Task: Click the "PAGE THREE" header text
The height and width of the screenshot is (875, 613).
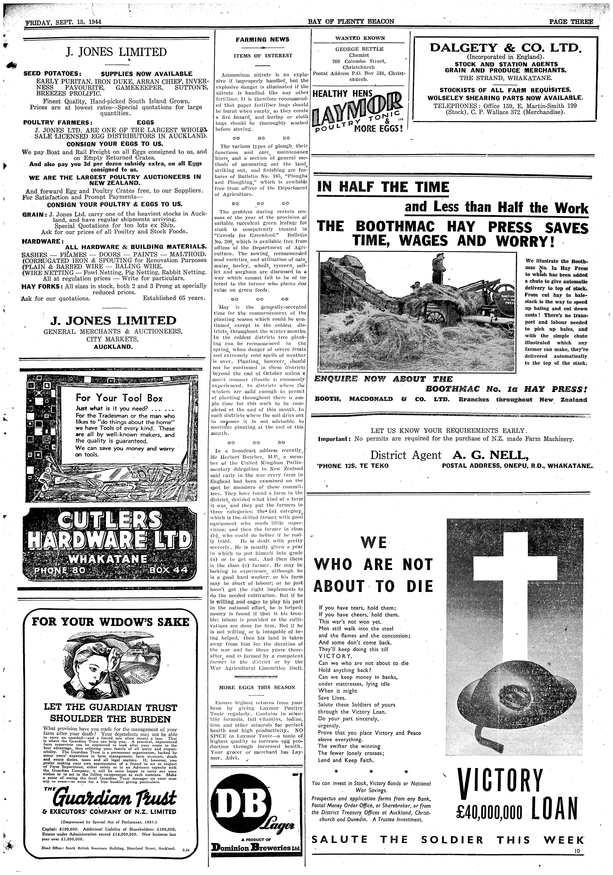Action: [x=571, y=22]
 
